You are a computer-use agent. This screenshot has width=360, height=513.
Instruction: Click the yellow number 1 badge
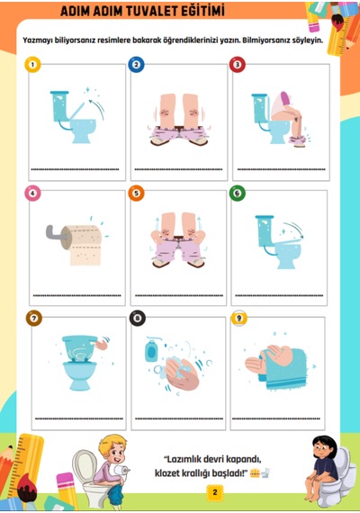click(32, 65)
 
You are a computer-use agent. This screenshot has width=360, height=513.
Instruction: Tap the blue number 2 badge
click(136, 65)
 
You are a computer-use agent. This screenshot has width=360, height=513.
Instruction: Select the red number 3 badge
click(238, 65)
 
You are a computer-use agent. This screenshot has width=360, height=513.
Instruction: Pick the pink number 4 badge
click(32, 193)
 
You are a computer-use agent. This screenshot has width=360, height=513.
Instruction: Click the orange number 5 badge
click(136, 193)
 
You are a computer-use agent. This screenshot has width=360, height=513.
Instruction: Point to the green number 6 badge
click(238, 193)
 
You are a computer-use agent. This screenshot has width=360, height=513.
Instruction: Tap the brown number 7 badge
click(34, 318)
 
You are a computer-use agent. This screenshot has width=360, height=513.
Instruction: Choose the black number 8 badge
click(138, 318)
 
